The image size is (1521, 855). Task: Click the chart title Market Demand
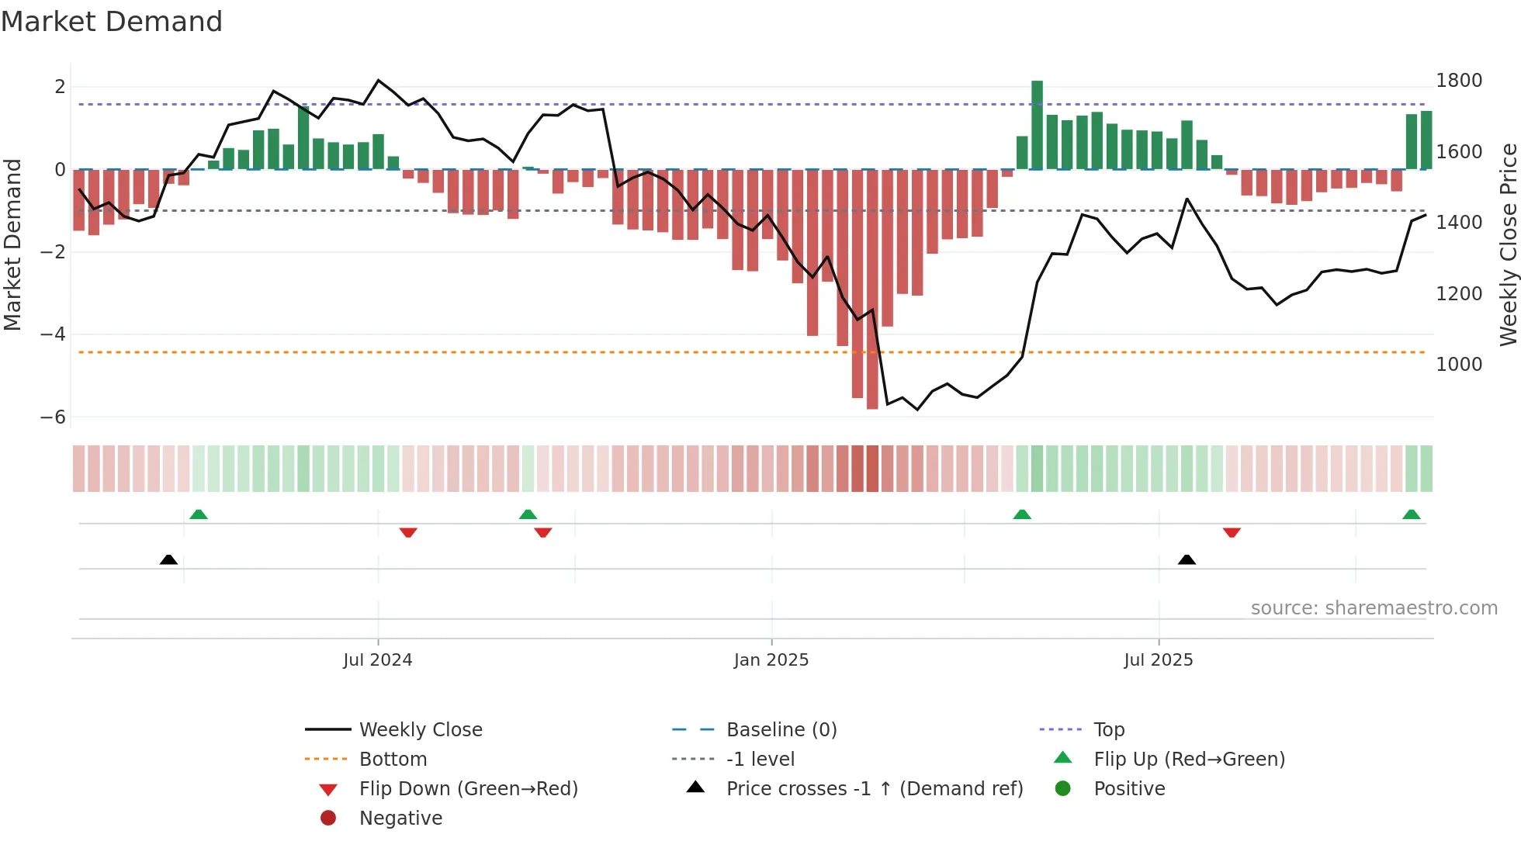(x=112, y=22)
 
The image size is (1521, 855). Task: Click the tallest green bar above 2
(x=1037, y=124)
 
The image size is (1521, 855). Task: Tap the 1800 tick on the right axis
(x=1458, y=81)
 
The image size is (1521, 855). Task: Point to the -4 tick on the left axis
(x=54, y=334)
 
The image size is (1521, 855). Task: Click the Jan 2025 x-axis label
(x=771, y=660)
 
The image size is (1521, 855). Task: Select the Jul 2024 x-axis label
(x=377, y=660)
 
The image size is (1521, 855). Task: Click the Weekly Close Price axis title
(x=1508, y=244)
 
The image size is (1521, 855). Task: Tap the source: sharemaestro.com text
(x=1374, y=608)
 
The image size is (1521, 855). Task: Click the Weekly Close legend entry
(x=420, y=730)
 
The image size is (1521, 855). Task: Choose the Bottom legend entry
(x=393, y=760)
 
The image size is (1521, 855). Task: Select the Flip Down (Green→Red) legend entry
(x=468, y=789)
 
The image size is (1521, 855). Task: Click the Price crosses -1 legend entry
(x=874, y=789)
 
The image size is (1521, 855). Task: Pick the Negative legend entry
(x=400, y=819)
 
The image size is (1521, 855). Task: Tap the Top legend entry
(x=1108, y=730)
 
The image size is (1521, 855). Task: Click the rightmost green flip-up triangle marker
(x=1412, y=514)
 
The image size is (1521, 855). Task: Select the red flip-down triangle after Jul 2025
(x=1232, y=532)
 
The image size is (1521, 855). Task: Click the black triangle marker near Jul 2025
(x=1187, y=559)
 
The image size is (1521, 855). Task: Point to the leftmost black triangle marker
(x=168, y=559)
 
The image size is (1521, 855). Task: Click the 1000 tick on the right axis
(x=1458, y=365)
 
